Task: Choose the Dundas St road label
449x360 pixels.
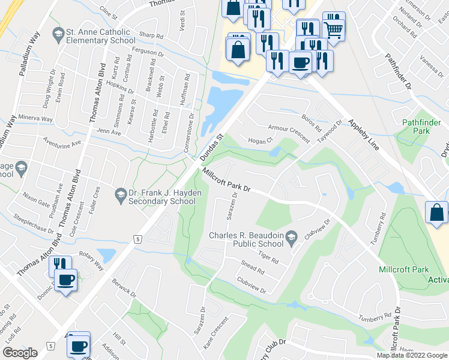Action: tap(211, 148)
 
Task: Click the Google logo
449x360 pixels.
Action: tap(20, 352)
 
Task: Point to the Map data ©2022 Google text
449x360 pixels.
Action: tap(412, 355)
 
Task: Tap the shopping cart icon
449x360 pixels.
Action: tap(334, 27)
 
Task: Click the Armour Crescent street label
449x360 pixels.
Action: tap(289, 133)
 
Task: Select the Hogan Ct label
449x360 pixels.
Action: tap(261, 140)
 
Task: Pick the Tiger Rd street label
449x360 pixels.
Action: tap(268, 258)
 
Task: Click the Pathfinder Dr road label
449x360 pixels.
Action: tap(399, 70)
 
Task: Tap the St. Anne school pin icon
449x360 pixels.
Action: tap(58, 32)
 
